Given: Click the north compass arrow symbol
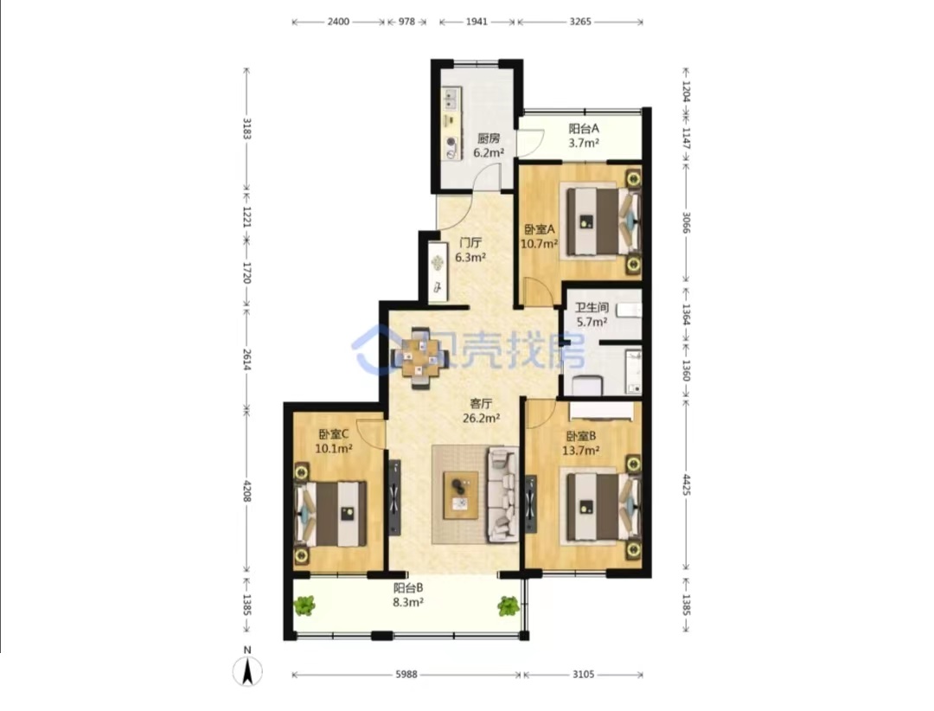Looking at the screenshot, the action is pos(247,672).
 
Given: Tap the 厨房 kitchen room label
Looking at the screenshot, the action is pos(489,138).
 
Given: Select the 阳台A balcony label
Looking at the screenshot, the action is pos(584,128).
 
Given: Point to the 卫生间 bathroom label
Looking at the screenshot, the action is pos(592,308).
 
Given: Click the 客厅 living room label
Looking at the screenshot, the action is pos(482,403).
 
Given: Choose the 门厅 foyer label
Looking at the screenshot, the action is pos(470,242).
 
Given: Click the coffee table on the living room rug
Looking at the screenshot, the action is pos(460,495).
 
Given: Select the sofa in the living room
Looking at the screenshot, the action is pos(503,495).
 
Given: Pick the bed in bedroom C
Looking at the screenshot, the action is pos(330,514).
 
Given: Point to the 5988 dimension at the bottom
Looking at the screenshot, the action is pos(406,675).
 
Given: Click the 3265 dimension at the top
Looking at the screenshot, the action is pos(580,22).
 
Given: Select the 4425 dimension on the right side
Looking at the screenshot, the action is pos(686,486).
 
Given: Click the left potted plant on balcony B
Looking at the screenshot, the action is pos(304,606).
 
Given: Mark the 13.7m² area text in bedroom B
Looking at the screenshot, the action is pos(581,451).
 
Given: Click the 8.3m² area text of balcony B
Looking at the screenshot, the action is pos(408,603).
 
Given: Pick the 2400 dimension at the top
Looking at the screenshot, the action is pos(338,22).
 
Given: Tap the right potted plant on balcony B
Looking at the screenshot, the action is pos(509,606).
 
